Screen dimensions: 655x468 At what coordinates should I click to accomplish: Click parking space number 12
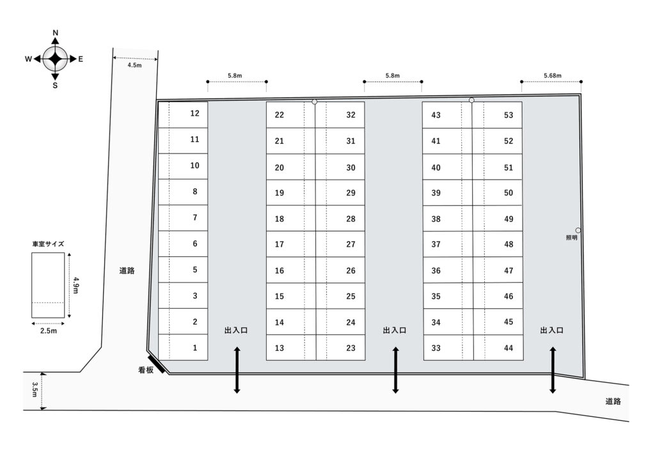[183, 114]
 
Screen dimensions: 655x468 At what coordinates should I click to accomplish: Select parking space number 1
[183, 347]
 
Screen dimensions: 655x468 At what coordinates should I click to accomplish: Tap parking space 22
[291, 115]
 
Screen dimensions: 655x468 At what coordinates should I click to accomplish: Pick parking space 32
[340, 115]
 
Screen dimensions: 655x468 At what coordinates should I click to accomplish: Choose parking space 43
[447, 115]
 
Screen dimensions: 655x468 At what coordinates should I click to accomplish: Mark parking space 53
[497, 115]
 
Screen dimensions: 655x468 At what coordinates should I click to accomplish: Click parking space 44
[498, 347]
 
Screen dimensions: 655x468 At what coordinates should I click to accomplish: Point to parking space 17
[291, 244]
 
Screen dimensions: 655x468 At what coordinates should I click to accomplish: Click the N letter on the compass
[56, 33]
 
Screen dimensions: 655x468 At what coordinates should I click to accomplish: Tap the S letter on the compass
[55, 86]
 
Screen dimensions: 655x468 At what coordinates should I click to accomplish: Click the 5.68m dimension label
[552, 75]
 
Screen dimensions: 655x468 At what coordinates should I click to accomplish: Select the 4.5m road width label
[134, 65]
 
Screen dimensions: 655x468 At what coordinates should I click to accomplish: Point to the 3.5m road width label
[35, 389]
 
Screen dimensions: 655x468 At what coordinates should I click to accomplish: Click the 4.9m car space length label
[75, 285]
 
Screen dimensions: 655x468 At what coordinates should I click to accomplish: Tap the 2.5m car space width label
[49, 331]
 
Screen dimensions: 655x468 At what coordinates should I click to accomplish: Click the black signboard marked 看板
[156, 364]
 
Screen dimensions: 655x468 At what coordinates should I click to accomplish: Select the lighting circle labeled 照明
[578, 230]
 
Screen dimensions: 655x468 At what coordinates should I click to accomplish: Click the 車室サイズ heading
[48, 244]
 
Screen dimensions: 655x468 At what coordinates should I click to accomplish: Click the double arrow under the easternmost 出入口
[553, 370]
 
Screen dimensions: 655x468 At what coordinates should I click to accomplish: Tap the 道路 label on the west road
[127, 270]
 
